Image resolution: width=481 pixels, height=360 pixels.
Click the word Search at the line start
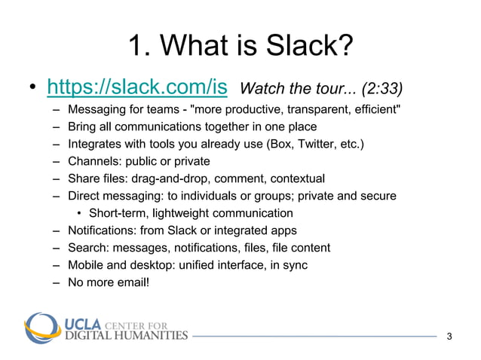[x=85, y=248]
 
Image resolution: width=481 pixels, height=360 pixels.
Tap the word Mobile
[x=85, y=265]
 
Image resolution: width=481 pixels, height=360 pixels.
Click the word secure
[x=378, y=196]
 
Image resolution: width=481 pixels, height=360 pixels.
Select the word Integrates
[x=94, y=143]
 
